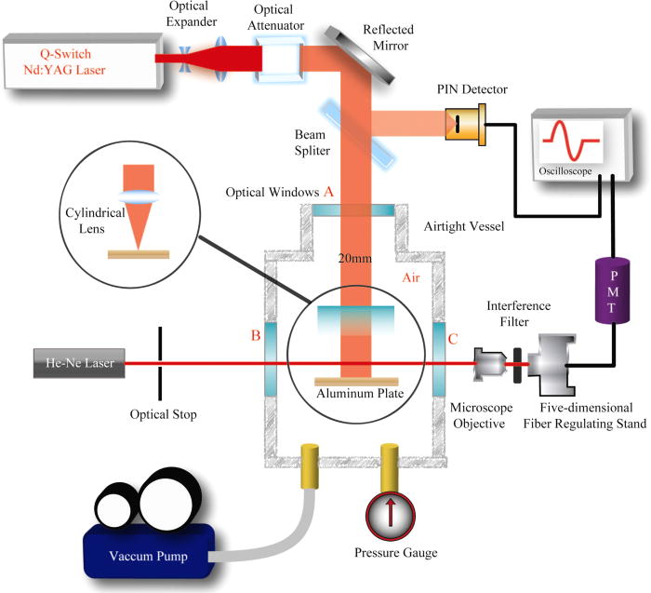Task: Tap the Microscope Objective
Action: pos(489,363)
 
